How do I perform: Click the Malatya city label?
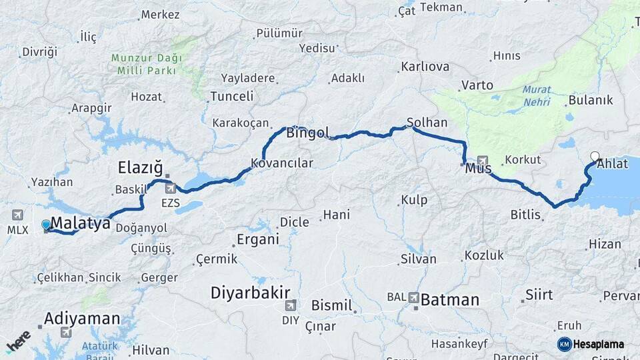(x=80, y=224)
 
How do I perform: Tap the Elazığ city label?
(x=140, y=167)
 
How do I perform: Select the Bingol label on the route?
(x=307, y=133)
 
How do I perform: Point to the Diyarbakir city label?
(x=250, y=293)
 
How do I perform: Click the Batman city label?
(x=449, y=300)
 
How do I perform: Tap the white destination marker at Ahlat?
(x=595, y=157)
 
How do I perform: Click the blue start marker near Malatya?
(x=45, y=225)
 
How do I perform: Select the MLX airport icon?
(x=17, y=215)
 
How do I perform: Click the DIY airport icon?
(x=290, y=305)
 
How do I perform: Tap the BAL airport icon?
(x=414, y=297)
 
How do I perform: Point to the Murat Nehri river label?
(x=537, y=95)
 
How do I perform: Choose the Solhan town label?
(x=423, y=123)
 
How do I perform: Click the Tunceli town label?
(x=231, y=97)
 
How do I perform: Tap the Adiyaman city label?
(x=82, y=319)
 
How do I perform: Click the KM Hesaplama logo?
(x=590, y=344)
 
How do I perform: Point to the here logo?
(x=18, y=341)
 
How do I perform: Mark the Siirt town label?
(x=539, y=294)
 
